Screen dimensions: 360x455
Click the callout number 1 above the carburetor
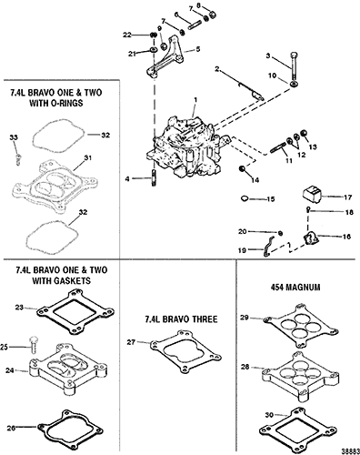(196, 99)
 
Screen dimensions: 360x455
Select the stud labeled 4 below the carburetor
(154, 178)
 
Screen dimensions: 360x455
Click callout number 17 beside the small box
(348, 197)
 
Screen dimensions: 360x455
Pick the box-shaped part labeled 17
(312, 196)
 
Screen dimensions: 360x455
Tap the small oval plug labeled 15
(245, 198)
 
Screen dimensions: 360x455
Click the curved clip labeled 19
(267, 247)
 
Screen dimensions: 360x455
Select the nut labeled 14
(242, 169)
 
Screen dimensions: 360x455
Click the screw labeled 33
(18, 158)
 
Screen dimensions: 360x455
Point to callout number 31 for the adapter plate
(88, 158)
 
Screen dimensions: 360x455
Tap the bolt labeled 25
(33, 345)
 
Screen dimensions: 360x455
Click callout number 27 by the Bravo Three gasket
(131, 342)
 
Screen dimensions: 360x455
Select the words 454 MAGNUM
(295, 288)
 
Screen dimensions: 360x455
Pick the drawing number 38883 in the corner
(352, 450)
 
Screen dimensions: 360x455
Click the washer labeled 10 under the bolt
(294, 84)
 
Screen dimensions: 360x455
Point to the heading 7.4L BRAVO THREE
(181, 319)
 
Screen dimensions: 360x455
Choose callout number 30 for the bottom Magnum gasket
(269, 415)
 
